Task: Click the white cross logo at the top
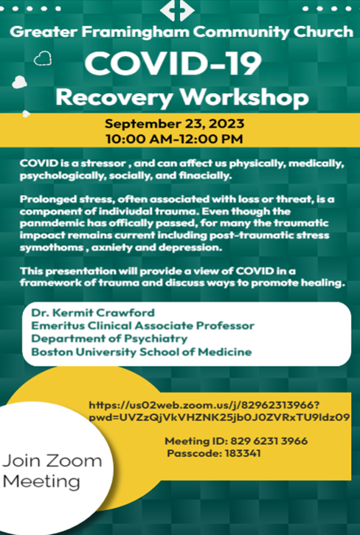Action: click(x=177, y=10)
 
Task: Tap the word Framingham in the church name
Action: click(x=136, y=32)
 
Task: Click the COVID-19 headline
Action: click(x=173, y=63)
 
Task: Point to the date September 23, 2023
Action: click(x=174, y=123)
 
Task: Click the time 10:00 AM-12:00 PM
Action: click(x=174, y=139)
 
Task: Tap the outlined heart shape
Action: click(x=43, y=58)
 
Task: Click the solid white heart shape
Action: click(x=19, y=82)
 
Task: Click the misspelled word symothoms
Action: click(x=52, y=248)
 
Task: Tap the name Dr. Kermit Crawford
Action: click(x=93, y=313)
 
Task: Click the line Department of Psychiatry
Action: click(x=109, y=339)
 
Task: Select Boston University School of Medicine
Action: click(x=142, y=352)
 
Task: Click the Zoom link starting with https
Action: click(x=219, y=411)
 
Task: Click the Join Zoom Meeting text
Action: click(x=52, y=472)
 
